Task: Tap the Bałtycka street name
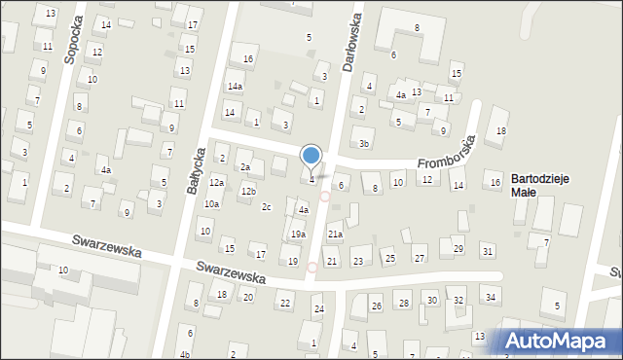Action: pyautogui.click(x=197, y=169)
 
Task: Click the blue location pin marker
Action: pyautogui.click(x=311, y=157)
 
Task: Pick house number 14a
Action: pyautogui.click(x=235, y=86)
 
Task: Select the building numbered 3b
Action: pyautogui.click(x=364, y=144)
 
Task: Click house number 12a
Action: pyautogui.click(x=217, y=182)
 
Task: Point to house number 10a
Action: pyautogui.click(x=211, y=203)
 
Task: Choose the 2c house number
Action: pyautogui.click(x=266, y=206)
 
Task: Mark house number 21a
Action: pyautogui.click(x=335, y=234)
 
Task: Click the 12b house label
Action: pyautogui.click(x=248, y=191)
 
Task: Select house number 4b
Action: pyautogui.click(x=185, y=354)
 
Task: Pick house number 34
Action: pyautogui.click(x=491, y=297)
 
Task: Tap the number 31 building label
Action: pyautogui.click(x=487, y=251)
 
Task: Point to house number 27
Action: pyautogui.click(x=420, y=258)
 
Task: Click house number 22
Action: pyautogui.click(x=285, y=304)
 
